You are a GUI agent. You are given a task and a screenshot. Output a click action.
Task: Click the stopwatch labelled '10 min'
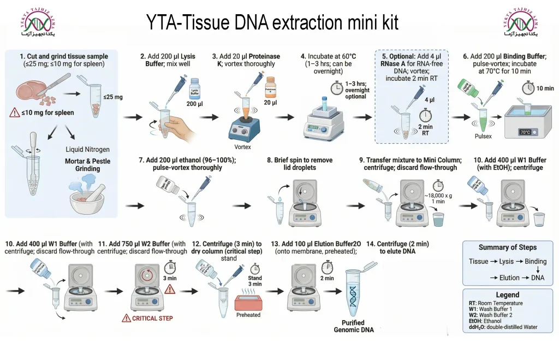point(527,88)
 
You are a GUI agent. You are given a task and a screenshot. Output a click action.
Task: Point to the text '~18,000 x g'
point(438,195)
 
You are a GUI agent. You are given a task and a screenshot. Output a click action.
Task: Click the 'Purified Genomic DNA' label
point(354,326)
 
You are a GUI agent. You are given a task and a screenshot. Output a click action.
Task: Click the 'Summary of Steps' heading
point(507,247)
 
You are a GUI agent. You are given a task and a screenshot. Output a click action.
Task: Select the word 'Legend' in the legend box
point(507,294)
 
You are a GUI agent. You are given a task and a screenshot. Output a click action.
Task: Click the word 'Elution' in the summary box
point(509,278)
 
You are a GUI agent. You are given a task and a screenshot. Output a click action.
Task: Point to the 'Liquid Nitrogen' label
point(87,149)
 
